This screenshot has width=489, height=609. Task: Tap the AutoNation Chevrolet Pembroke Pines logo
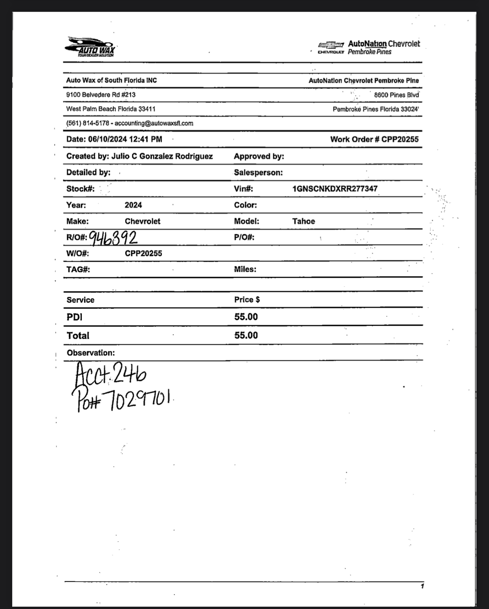pos(369,48)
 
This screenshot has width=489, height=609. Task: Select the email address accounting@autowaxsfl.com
pos(154,123)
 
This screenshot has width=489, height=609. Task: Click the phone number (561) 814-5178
pos(88,123)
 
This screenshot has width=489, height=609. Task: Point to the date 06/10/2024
pos(107,139)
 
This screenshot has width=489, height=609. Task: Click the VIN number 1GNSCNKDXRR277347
pos(335,189)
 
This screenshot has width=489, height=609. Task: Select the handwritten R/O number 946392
pos(113,238)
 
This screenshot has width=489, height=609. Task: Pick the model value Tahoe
pos(304,222)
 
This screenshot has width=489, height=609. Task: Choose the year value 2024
pos(133,205)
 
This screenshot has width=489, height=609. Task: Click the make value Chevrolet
pos(142,222)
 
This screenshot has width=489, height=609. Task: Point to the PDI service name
pos(75,317)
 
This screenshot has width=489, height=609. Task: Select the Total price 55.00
pos(246,335)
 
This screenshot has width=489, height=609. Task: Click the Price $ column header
pos(247,300)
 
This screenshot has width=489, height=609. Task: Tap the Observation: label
pos(91,353)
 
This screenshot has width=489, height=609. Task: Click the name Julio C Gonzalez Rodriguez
pos(162,156)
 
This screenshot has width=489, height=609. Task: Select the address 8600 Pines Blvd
pos(396,95)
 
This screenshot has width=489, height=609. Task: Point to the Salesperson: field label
pos(258,173)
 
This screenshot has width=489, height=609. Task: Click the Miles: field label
pos(245,269)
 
